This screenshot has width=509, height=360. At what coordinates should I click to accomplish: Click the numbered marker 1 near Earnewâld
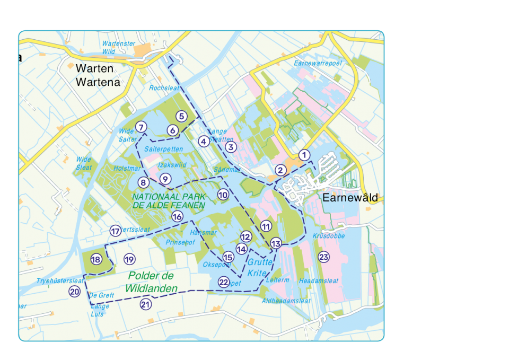point(304,155)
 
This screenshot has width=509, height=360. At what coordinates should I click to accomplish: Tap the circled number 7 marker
point(141,127)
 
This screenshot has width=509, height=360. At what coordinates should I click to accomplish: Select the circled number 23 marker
point(323,257)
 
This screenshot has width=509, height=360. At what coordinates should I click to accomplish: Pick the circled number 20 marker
point(74,292)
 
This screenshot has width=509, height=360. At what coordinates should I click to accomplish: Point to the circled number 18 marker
point(96,259)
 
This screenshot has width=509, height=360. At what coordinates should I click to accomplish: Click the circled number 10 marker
point(223,195)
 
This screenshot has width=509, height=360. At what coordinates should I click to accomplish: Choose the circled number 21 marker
point(146,304)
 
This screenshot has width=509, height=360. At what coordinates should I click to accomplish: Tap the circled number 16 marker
point(177,216)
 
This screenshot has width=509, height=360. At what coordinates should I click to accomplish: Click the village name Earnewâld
point(350,198)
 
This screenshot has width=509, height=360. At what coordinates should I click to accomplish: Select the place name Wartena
point(98,82)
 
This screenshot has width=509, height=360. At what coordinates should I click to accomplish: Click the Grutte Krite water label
point(260,267)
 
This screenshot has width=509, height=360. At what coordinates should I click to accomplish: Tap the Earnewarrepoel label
point(318,63)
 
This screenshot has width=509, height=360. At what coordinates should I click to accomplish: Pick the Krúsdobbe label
point(329,236)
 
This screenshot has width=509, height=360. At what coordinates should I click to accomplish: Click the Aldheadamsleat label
point(286,301)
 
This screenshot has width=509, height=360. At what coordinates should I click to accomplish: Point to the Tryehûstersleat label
point(60,280)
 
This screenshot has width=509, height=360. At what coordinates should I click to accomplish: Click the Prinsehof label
point(180,242)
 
